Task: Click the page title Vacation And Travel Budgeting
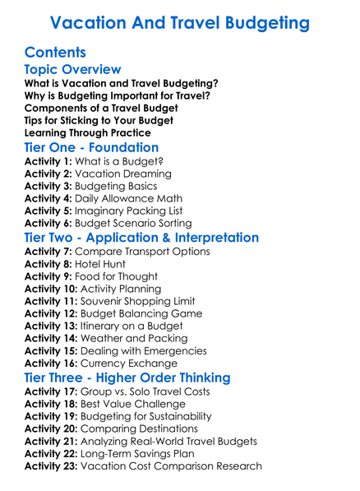coord(180,22)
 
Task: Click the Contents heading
coord(55,53)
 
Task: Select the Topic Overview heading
coord(72,70)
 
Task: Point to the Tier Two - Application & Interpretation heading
coord(141,238)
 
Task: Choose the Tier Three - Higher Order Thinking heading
coord(127,378)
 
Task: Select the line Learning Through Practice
coord(87,132)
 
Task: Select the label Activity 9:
coord(48,276)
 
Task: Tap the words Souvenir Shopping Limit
coord(148,301)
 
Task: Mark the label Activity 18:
coord(51,404)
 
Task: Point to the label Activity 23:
coord(51,466)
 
